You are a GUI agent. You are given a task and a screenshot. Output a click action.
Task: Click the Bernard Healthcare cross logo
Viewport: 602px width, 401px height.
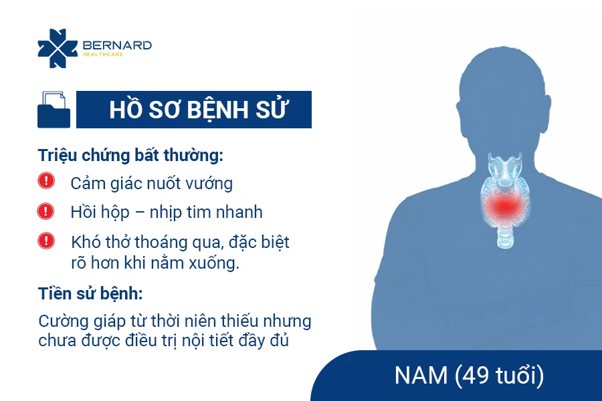(58, 48)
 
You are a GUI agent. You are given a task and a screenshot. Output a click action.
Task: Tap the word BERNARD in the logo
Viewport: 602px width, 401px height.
(118, 45)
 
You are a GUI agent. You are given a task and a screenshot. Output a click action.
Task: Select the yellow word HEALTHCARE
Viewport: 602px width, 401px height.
(103, 55)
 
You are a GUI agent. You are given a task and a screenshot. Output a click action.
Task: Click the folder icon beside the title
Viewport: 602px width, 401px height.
(54, 110)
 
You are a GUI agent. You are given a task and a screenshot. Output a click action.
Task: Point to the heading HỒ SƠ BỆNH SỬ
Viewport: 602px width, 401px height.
(199, 110)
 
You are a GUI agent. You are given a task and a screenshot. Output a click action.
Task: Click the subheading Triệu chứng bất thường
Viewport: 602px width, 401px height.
(130, 156)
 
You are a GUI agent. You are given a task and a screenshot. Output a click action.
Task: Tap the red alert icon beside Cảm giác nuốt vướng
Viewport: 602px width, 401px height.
(46, 180)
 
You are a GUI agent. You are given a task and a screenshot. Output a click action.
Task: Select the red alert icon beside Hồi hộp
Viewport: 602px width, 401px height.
(45, 211)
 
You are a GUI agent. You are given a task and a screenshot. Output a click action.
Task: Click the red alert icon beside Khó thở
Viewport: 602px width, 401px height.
(46, 241)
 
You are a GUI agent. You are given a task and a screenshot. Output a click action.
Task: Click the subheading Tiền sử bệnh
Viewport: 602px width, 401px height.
(90, 294)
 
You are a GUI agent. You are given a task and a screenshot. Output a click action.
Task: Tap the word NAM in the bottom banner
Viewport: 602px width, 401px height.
(421, 375)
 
